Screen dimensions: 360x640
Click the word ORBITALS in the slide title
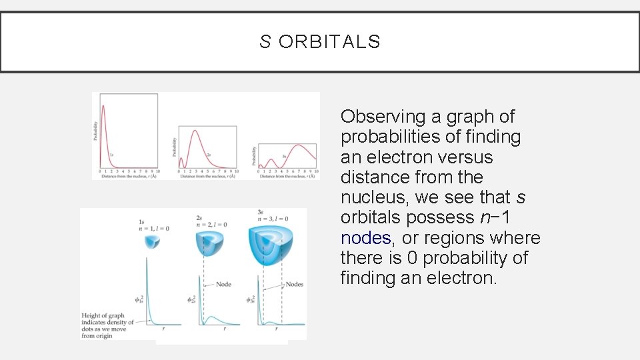[x=329, y=42]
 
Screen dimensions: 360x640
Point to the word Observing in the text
[x=383, y=117]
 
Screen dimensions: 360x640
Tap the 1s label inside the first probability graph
[x=111, y=155]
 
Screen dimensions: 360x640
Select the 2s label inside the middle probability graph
[x=209, y=155]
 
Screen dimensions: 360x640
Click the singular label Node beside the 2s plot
[x=223, y=284]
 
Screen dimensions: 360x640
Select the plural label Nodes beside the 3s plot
[x=294, y=284]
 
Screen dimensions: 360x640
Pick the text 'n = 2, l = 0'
[x=211, y=225]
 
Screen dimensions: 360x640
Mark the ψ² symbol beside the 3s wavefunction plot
[x=251, y=299]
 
